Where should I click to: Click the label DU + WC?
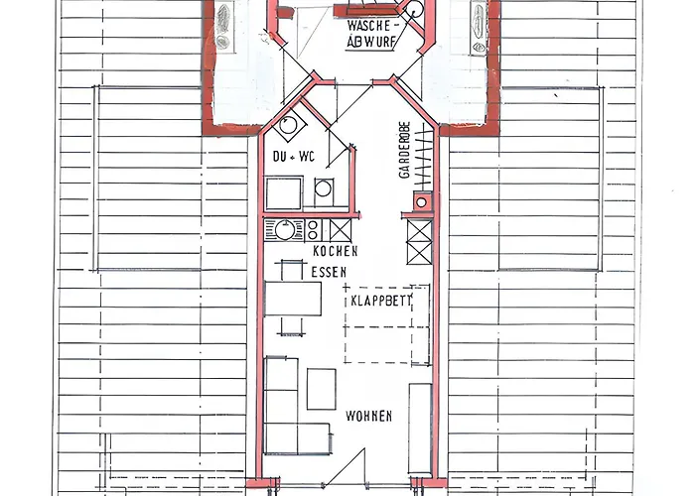coord(294,157)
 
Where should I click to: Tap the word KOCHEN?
coord(336,251)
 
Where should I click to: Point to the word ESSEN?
coord(329,272)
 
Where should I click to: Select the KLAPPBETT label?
coord(381,302)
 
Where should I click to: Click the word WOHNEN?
coord(368,417)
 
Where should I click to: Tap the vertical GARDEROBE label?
coord(404,150)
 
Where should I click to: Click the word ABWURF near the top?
coord(370,42)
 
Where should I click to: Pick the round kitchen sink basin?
coord(284,230)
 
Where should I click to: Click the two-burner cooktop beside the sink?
coord(313,230)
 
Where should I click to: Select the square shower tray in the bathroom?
coord(284,193)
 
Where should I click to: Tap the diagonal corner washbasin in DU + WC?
coord(289,124)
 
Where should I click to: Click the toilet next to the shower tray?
coord(323,190)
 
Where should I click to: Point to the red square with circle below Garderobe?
coord(422,202)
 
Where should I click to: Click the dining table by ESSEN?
coord(293,299)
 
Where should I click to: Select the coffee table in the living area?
coord(322,389)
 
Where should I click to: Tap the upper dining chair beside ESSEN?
coord(291,271)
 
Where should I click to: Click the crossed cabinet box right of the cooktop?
coord(341,230)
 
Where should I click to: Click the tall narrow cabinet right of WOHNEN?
coord(420,429)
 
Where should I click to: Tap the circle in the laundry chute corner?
coord(414,9)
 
